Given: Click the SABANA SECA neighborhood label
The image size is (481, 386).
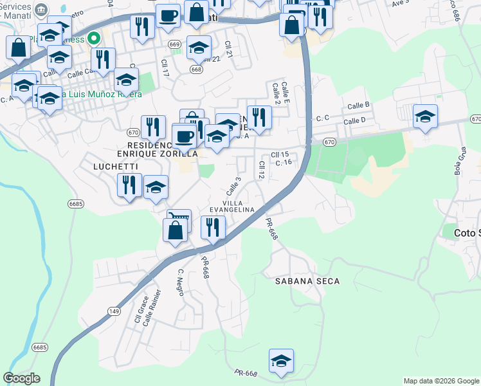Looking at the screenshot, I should pyautogui.click(x=307, y=281).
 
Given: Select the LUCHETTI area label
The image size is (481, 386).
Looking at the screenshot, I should pyautogui.click(x=97, y=166).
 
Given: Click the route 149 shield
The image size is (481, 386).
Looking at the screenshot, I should pyautogui.click(x=114, y=312).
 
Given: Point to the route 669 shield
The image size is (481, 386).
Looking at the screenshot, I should pyautogui.click(x=175, y=44).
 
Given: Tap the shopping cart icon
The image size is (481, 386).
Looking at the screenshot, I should pyautogui.click(x=179, y=219).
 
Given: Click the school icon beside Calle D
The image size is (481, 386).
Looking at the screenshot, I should pyautogui.click(x=425, y=116).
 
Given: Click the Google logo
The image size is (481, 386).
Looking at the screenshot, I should pyautogui.click(x=21, y=378).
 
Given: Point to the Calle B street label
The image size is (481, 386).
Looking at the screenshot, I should pyautogui.click(x=358, y=105).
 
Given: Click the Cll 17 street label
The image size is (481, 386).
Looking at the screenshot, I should pyautogui.click(x=165, y=69).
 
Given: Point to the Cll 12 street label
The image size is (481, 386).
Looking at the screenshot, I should pyautogui.click(x=262, y=170).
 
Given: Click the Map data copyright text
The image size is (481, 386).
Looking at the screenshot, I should pyautogui.click(x=441, y=381).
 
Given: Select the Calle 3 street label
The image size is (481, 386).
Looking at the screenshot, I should pyautogui.click(x=233, y=187).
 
